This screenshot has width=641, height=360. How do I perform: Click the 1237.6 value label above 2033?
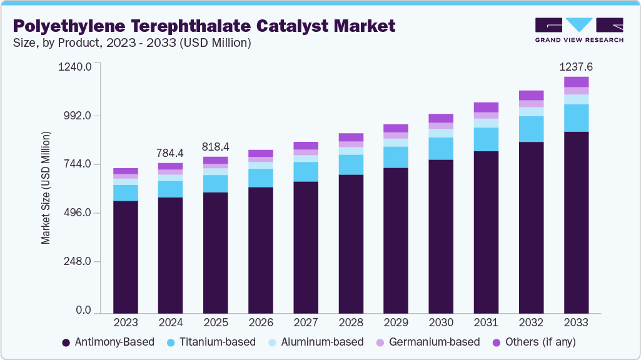(576, 67)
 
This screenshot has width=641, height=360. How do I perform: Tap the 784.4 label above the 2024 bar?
(170, 153)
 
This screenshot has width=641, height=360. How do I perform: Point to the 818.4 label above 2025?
(215, 147)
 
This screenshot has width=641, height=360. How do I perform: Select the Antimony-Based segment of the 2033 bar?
(576, 222)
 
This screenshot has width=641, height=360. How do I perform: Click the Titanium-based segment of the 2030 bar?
(441, 148)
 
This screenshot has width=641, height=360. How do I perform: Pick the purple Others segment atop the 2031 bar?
(486, 107)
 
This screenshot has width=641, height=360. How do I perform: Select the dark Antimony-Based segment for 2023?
(125, 256)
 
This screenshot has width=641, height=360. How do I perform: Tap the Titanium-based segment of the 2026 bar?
(260, 177)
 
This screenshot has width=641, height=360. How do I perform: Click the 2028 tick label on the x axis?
(351, 323)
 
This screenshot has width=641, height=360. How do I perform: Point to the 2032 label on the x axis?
(531, 323)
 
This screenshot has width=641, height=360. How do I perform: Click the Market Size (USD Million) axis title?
(46, 187)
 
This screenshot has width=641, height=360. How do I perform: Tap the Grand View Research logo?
(578, 30)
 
